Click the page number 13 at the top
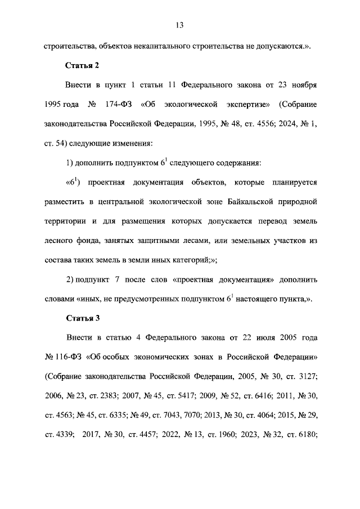point(179,25)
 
